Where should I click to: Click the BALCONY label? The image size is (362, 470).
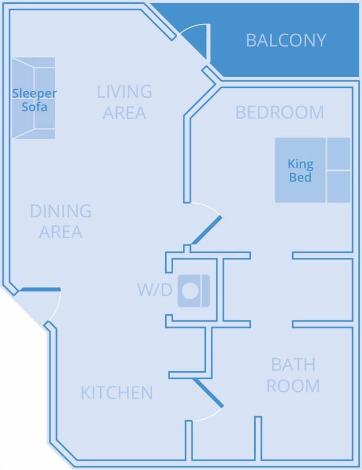tap(286, 40)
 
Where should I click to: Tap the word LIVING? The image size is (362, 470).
tap(124, 91)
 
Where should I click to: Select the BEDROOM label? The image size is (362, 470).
tap(280, 113)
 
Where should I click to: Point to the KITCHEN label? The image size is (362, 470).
tap(116, 393)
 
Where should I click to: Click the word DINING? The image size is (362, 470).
tap(61, 211)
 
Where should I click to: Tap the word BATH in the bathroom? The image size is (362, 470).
tap(293, 365)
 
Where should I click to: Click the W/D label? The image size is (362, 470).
tap(154, 290)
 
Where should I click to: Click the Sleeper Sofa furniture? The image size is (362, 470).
tap(33, 98)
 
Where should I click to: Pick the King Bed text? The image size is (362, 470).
tap(300, 171)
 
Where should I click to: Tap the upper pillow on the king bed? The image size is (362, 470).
tap(338, 154)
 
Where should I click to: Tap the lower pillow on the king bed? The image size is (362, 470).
tap(338, 187)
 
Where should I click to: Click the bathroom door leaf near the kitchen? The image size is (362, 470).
tap(209, 393)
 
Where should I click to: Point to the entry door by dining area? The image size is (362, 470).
tap(40, 290)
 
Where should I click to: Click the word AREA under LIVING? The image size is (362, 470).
tap(124, 113)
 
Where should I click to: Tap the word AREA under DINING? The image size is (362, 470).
tap(61, 232)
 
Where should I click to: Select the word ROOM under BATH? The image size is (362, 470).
tap(293, 386)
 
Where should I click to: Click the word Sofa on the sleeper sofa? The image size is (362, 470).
tap(34, 107)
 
